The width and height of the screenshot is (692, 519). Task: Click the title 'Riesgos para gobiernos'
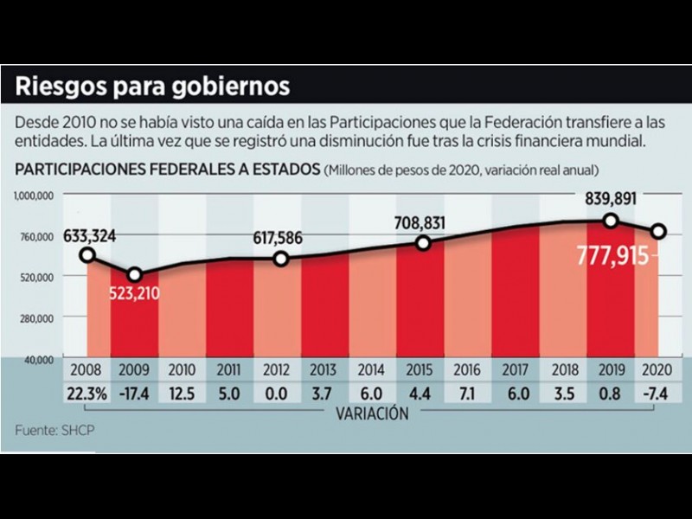(x=152, y=87)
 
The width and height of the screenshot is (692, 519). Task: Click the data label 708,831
(x=423, y=223)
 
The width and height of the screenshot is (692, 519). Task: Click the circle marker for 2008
(x=86, y=254)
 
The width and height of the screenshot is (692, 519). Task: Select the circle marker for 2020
(x=659, y=231)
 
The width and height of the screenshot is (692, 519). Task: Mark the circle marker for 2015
(x=423, y=243)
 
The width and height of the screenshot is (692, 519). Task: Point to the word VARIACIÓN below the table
(x=372, y=413)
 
